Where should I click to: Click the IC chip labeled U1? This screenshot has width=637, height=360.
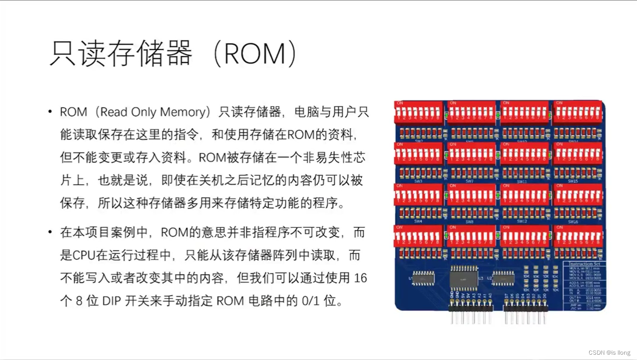pos(422,278)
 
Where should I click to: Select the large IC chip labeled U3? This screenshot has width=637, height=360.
pos(464,278)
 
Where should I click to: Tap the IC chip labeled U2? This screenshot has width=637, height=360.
pos(503,278)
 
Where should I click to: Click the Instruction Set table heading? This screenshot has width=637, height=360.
pos(584,264)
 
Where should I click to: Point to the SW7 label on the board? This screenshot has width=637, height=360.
pos(470,181)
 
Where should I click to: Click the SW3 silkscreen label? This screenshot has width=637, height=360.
pos(418,181)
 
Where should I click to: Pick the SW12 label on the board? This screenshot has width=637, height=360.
pos(521,221)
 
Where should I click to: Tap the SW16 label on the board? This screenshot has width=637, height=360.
pos(573,221)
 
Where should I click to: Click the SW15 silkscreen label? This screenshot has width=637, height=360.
pos(573,181)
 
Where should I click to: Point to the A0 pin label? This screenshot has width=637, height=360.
pos(490,295)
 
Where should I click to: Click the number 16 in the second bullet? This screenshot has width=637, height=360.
pos(361,278)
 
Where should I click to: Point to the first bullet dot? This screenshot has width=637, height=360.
pos(50,112)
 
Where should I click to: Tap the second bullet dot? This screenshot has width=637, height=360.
pos(50,232)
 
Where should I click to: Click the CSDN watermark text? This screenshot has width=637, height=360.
pos(609,352)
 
